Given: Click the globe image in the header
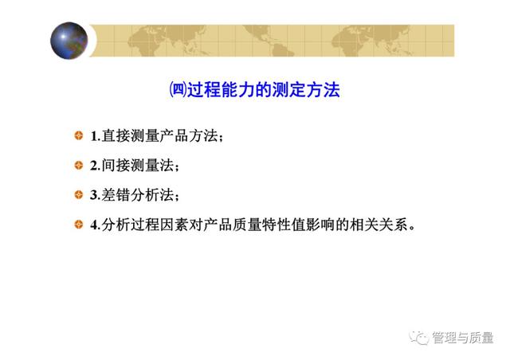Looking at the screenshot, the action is coord(69,41).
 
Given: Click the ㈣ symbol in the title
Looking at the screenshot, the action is coord(178,90).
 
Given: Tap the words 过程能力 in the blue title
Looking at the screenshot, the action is coord(222,90).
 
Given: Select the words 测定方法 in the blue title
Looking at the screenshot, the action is coord(306,90).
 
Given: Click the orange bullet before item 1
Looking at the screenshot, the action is coord(79,135).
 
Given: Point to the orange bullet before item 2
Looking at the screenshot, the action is coord(79,165).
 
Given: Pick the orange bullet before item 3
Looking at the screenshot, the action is coord(79,195).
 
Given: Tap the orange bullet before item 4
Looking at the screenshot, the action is coord(79,225).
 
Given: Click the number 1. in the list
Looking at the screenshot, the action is coord(96,136).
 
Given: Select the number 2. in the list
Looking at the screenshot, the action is coord(96,166).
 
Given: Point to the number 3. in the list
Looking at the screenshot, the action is coord(96,195).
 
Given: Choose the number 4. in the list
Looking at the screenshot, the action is coord(96,225).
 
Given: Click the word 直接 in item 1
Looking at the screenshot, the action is coord(116,136).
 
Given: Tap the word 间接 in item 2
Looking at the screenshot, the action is coord(116,166).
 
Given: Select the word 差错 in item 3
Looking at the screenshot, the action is coord(116,195).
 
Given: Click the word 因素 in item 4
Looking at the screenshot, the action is coord(174,225).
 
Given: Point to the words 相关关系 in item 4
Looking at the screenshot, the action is coord(379,225).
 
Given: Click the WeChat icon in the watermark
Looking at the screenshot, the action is coord(419,338).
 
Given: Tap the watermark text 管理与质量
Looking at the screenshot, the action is coord(463,338).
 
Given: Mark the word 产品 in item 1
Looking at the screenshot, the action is coord(174,136).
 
